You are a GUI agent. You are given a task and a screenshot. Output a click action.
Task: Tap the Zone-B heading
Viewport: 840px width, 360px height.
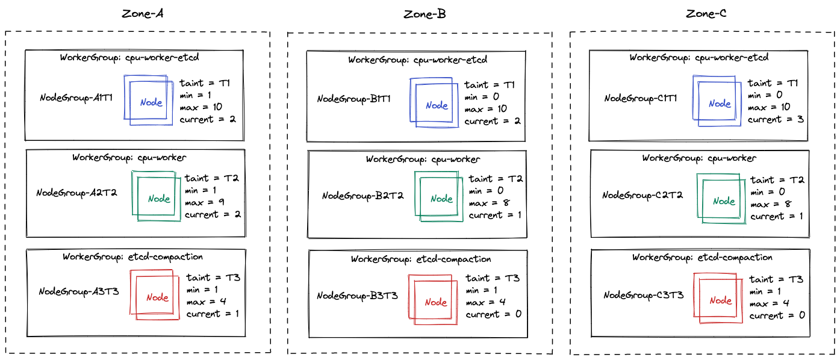coord(425,14)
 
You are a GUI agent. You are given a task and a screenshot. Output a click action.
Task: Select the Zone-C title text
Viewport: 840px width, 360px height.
coord(706,14)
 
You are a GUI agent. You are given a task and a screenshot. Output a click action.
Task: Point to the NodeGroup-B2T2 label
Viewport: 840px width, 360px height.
coord(362,196)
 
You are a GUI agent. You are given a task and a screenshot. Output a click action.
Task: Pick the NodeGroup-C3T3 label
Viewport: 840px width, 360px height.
coord(643,295)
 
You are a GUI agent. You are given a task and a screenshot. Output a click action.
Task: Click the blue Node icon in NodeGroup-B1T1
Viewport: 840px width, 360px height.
coord(434,103)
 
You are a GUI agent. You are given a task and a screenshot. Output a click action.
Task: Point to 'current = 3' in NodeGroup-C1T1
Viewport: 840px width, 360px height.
coord(776,119)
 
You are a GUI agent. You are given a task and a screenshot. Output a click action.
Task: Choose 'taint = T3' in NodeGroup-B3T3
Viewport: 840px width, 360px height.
coord(493,278)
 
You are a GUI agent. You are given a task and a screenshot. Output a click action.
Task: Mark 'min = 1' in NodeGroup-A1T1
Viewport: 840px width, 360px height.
coord(196,96)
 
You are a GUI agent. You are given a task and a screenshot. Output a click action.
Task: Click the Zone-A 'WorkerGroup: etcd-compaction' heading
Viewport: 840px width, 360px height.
coord(132,257)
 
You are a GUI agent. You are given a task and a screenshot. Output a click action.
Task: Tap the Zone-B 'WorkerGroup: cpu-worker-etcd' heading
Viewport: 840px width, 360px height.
coord(418,60)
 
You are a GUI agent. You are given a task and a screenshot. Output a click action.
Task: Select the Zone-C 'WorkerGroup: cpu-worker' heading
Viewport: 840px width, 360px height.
coord(699,158)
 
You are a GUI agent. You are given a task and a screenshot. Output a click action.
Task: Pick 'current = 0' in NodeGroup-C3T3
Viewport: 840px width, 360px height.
coord(777,315)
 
